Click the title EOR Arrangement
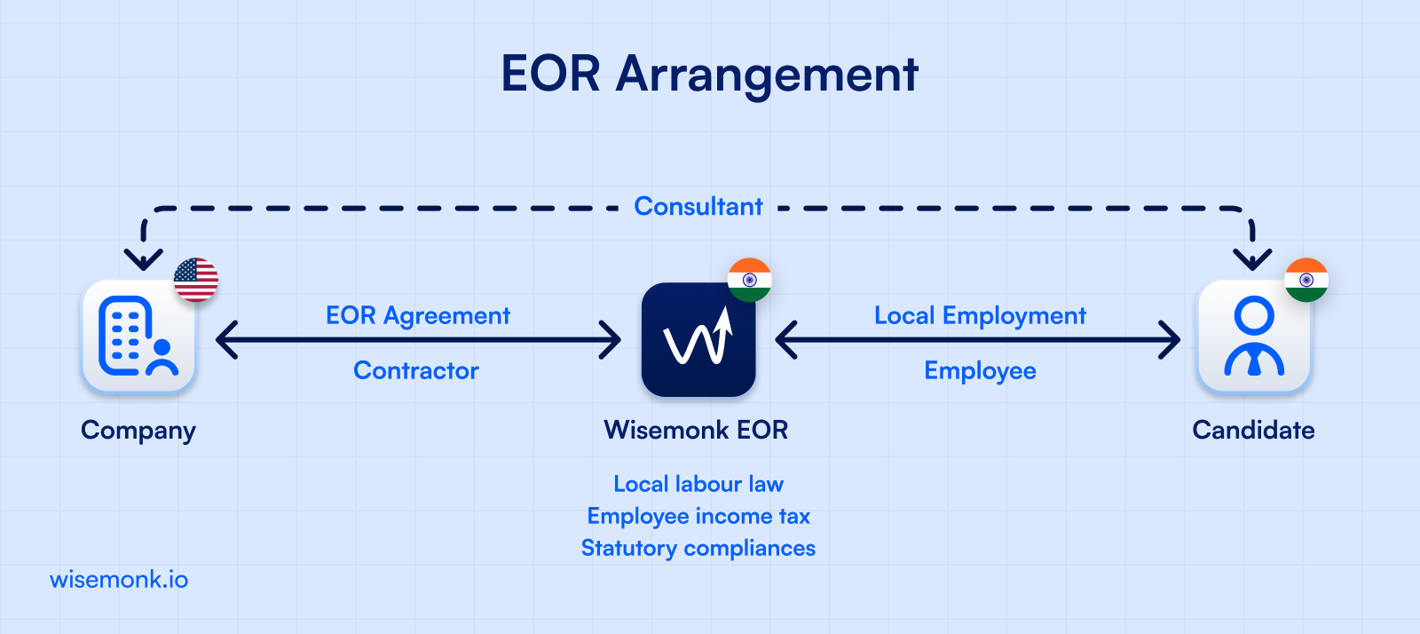pyautogui.click(x=709, y=74)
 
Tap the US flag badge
pyautogui.click(x=196, y=281)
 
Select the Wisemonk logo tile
pyautogui.click(x=698, y=340)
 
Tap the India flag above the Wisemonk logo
pyautogui.click(x=750, y=280)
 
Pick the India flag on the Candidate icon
pyautogui.click(x=1306, y=280)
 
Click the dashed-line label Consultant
pyautogui.click(x=698, y=207)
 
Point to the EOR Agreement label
pyautogui.click(x=418, y=316)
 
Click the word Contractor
pyautogui.click(x=416, y=370)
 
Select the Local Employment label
pyautogui.click(x=980, y=316)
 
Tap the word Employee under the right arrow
pyautogui.click(x=980, y=370)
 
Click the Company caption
pyautogui.click(x=138, y=431)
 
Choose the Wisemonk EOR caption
pyautogui.click(x=697, y=431)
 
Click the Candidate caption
pyautogui.click(x=1253, y=431)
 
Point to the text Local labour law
pyautogui.click(x=698, y=484)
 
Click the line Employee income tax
pyautogui.click(x=698, y=516)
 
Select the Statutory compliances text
pyautogui.click(x=698, y=548)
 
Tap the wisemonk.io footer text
pyautogui.click(x=119, y=580)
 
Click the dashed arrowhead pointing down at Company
pyautogui.click(x=143, y=259)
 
